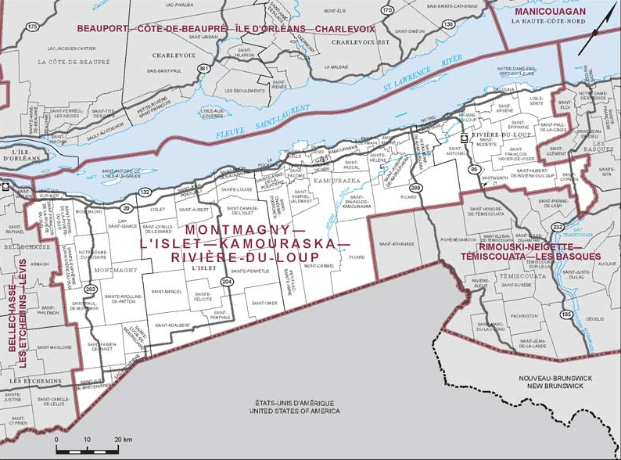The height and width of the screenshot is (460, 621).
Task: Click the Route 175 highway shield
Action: [32, 27]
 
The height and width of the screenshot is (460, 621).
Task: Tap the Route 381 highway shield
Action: [204, 70]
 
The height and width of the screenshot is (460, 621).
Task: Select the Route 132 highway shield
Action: [145, 192]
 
